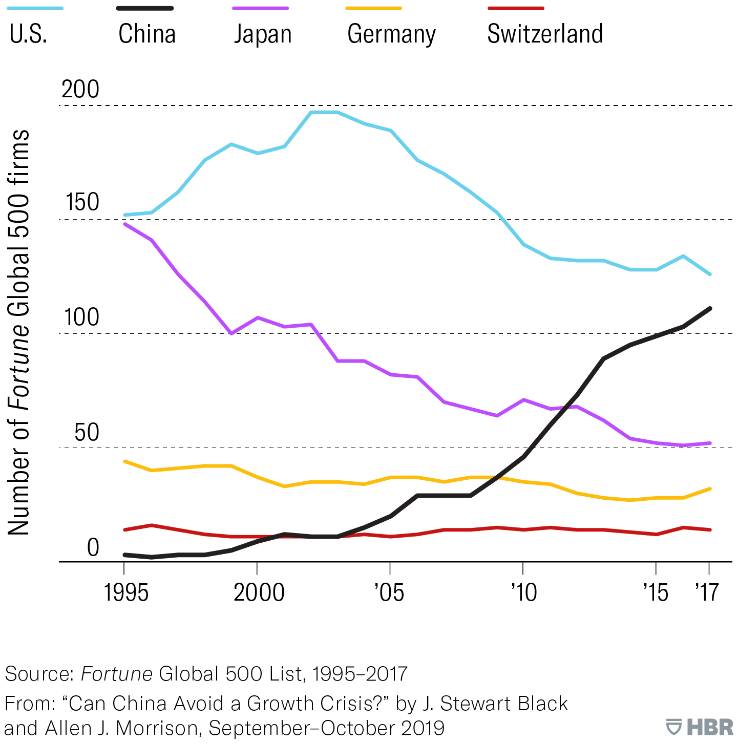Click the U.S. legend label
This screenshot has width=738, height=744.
click(29, 34)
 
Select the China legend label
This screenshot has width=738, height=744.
click(147, 34)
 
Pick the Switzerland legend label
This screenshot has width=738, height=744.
click(545, 34)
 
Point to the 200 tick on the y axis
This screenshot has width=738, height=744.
click(80, 90)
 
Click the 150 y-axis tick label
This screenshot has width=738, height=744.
click(82, 202)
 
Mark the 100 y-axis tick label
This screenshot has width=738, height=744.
click(81, 317)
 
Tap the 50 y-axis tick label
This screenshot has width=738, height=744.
click(87, 433)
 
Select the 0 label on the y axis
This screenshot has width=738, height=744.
click(93, 547)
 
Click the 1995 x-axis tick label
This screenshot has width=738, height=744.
click(126, 593)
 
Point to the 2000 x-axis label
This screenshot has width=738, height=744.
click(259, 593)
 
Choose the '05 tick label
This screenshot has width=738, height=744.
click(389, 593)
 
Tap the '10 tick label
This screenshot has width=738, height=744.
click(523, 593)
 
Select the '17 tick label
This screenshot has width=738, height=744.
click(707, 593)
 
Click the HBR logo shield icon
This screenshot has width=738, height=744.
click(673, 727)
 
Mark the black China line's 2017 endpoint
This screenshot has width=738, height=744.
click(709, 308)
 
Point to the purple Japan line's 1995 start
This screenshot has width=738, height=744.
click(124, 224)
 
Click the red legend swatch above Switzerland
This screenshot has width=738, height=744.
click(516, 9)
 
